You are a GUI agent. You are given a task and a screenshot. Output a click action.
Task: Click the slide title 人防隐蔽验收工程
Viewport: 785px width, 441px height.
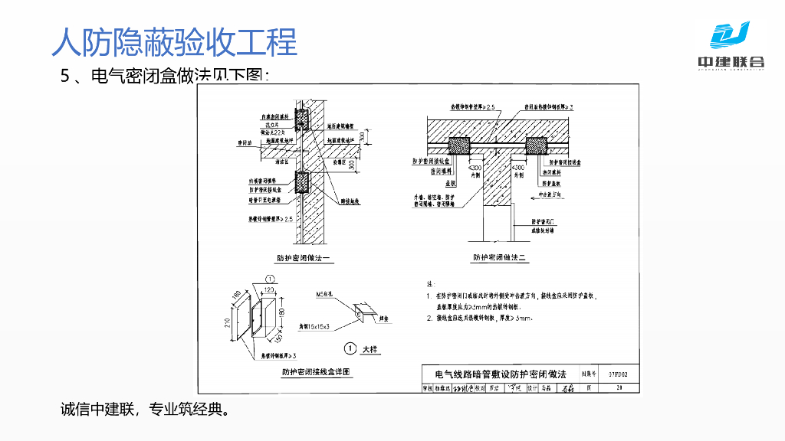174,41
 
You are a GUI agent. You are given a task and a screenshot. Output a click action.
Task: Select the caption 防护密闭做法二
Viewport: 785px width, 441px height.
501,258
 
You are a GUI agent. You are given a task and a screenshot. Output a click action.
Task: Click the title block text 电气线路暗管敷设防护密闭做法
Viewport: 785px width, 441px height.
500,374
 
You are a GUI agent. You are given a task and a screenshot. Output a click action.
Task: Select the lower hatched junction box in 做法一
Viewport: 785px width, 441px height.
301,181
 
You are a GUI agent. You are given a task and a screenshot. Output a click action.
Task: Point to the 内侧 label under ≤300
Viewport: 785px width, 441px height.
475,175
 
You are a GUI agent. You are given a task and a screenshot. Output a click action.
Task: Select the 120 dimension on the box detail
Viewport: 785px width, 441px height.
269,289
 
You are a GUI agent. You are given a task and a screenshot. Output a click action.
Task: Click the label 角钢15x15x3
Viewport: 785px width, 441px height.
314,327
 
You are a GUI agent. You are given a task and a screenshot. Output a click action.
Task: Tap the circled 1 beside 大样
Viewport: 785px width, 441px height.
350,348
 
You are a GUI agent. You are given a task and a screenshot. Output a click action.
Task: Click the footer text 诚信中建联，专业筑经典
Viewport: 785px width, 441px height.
145,409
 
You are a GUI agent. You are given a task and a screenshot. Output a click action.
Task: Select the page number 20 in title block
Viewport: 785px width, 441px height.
619,388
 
